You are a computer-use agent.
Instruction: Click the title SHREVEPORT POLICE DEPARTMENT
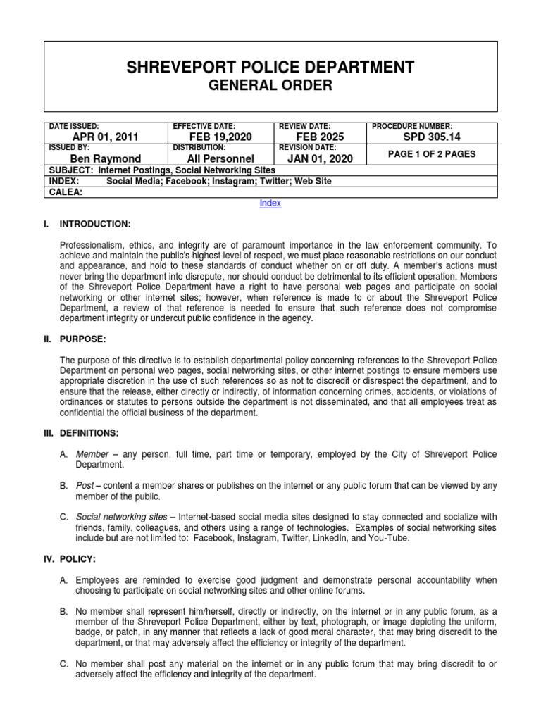(270, 68)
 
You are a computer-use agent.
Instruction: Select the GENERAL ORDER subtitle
(270, 86)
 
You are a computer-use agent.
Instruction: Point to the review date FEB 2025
(316, 137)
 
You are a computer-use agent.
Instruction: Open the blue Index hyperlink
(270, 203)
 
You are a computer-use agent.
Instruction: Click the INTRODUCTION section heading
(94, 224)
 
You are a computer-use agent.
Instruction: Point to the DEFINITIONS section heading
(91, 432)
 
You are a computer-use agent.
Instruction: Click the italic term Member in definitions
(93, 455)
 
